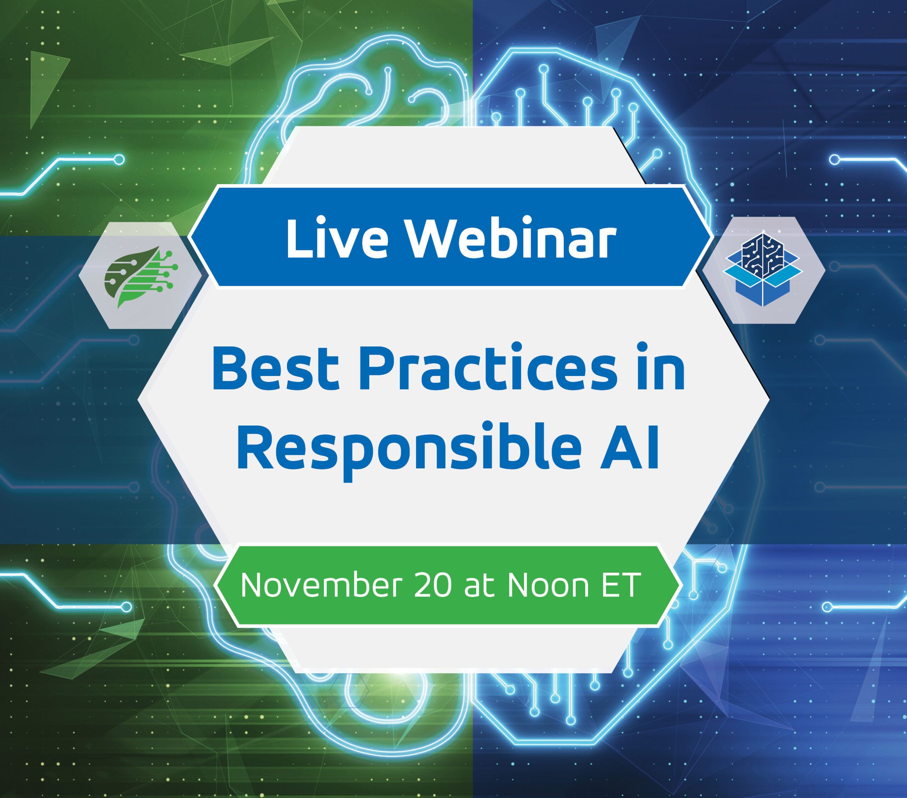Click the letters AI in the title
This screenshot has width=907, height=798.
tap(630, 445)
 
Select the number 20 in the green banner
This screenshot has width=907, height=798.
tap(433, 585)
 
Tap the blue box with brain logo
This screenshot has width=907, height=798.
tap(763, 269)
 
